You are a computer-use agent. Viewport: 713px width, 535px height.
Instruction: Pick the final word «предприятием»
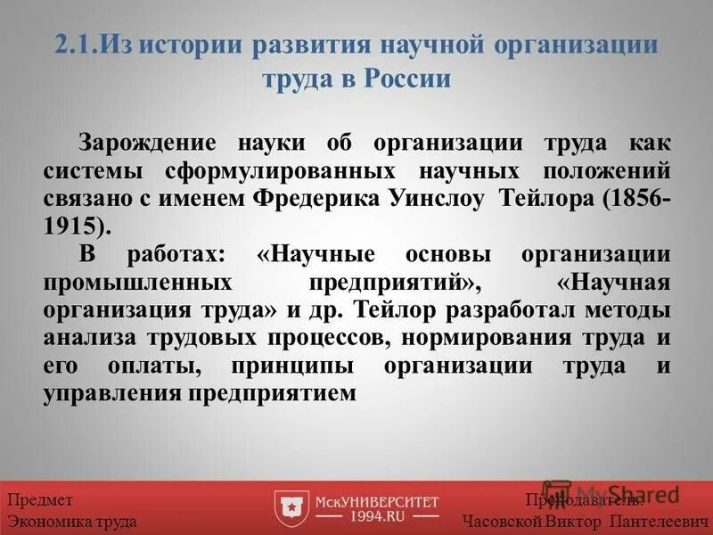tap(291, 392)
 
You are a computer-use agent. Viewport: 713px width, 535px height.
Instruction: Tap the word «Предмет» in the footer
tap(40, 499)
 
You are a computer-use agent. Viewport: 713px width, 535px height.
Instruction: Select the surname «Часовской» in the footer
tap(503, 521)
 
